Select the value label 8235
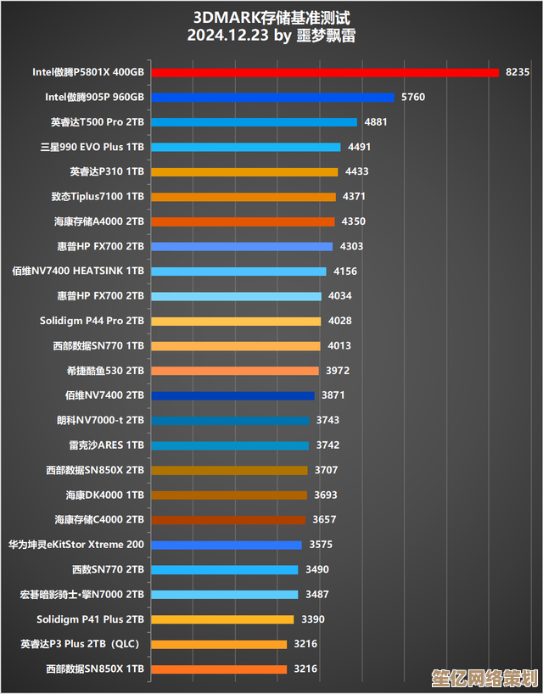(x=517, y=72)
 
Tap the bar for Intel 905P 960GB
(x=272, y=98)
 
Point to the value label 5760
(x=413, y=98)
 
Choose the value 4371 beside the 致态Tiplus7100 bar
(x=354, y=197)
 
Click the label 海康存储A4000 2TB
(x=99, y=221)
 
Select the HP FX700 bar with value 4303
(x=242, y=246)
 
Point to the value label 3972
(x=338, y=371)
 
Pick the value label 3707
(x=326, y=470)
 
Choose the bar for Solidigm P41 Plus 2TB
(x=221, y=619)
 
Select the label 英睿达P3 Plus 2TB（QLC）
(x=80, y=644)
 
